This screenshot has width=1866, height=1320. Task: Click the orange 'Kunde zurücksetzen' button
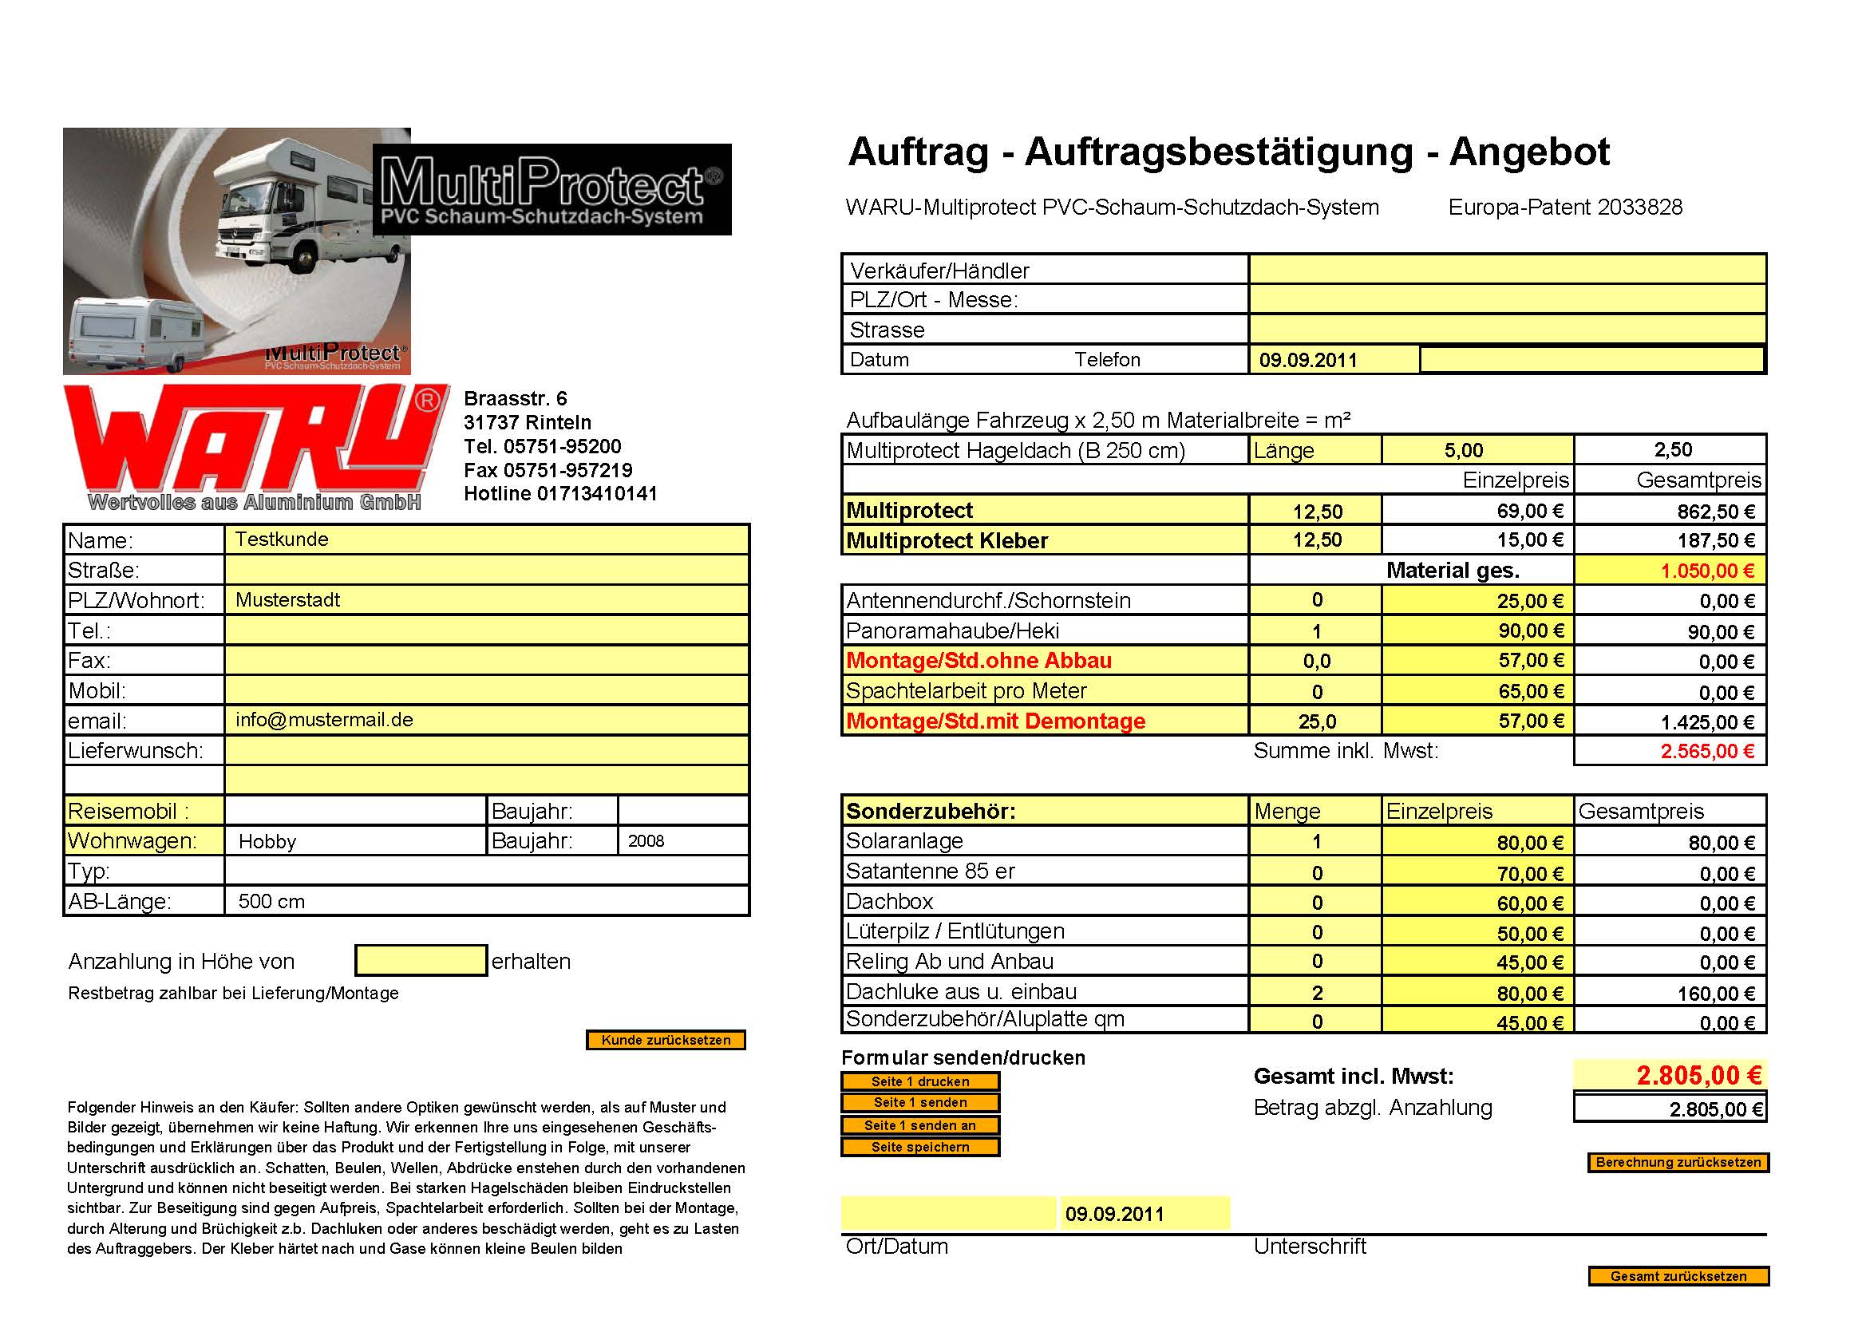point(666,1040)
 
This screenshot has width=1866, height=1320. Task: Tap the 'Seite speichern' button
point(920,1147)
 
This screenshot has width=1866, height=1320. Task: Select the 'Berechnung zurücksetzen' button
point(1678,1162)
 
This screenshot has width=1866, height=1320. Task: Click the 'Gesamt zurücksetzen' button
point(1678,1276)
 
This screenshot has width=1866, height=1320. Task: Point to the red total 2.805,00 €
point(1698,1075)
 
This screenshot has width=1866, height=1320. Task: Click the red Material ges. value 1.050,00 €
point(1706,571)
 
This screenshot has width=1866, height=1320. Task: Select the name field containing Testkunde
point(486,539)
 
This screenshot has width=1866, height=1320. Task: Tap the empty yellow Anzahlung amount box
point(420,961)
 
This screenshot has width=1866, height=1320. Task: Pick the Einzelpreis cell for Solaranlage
point(1477,842)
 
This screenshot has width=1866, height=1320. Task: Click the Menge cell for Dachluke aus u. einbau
point(1316,993)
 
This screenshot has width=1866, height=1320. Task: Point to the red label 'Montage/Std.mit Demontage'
point(995,721)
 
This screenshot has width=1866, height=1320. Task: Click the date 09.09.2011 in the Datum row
point(1308,360)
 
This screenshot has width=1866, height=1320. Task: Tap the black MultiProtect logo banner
point(551,190)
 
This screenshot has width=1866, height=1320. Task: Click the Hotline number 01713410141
point(596,493)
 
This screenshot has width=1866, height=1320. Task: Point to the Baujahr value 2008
point(646,841)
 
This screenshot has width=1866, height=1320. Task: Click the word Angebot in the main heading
point(1528,152)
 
